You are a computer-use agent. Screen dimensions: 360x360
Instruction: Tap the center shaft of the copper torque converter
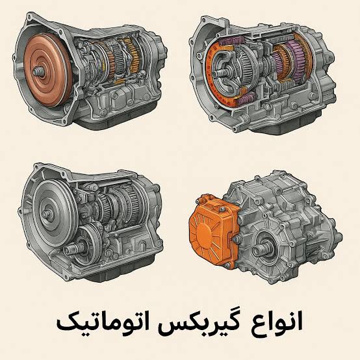click(x=37, y=71)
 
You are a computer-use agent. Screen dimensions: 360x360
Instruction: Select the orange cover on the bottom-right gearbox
click(x=213, y=231)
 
